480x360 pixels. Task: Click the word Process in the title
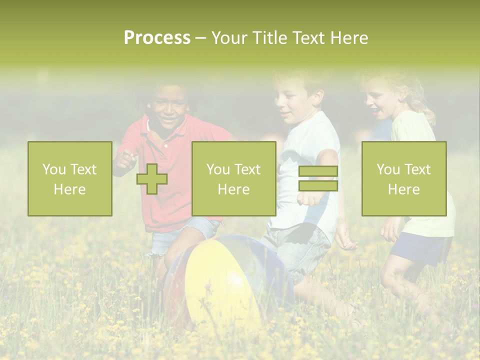click(x=157, y=38)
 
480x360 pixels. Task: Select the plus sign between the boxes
click(x=152, y=179)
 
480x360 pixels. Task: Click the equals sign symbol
click(x=318, y=179)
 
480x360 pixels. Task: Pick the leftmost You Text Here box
click(x=70, y=178)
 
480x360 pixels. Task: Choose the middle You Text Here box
click(x=233, y=178)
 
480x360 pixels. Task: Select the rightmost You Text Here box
click(x=403, y=178)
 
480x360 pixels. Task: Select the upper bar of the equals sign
click(x=318, y=171)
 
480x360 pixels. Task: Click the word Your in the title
click(x=229, y=38)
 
